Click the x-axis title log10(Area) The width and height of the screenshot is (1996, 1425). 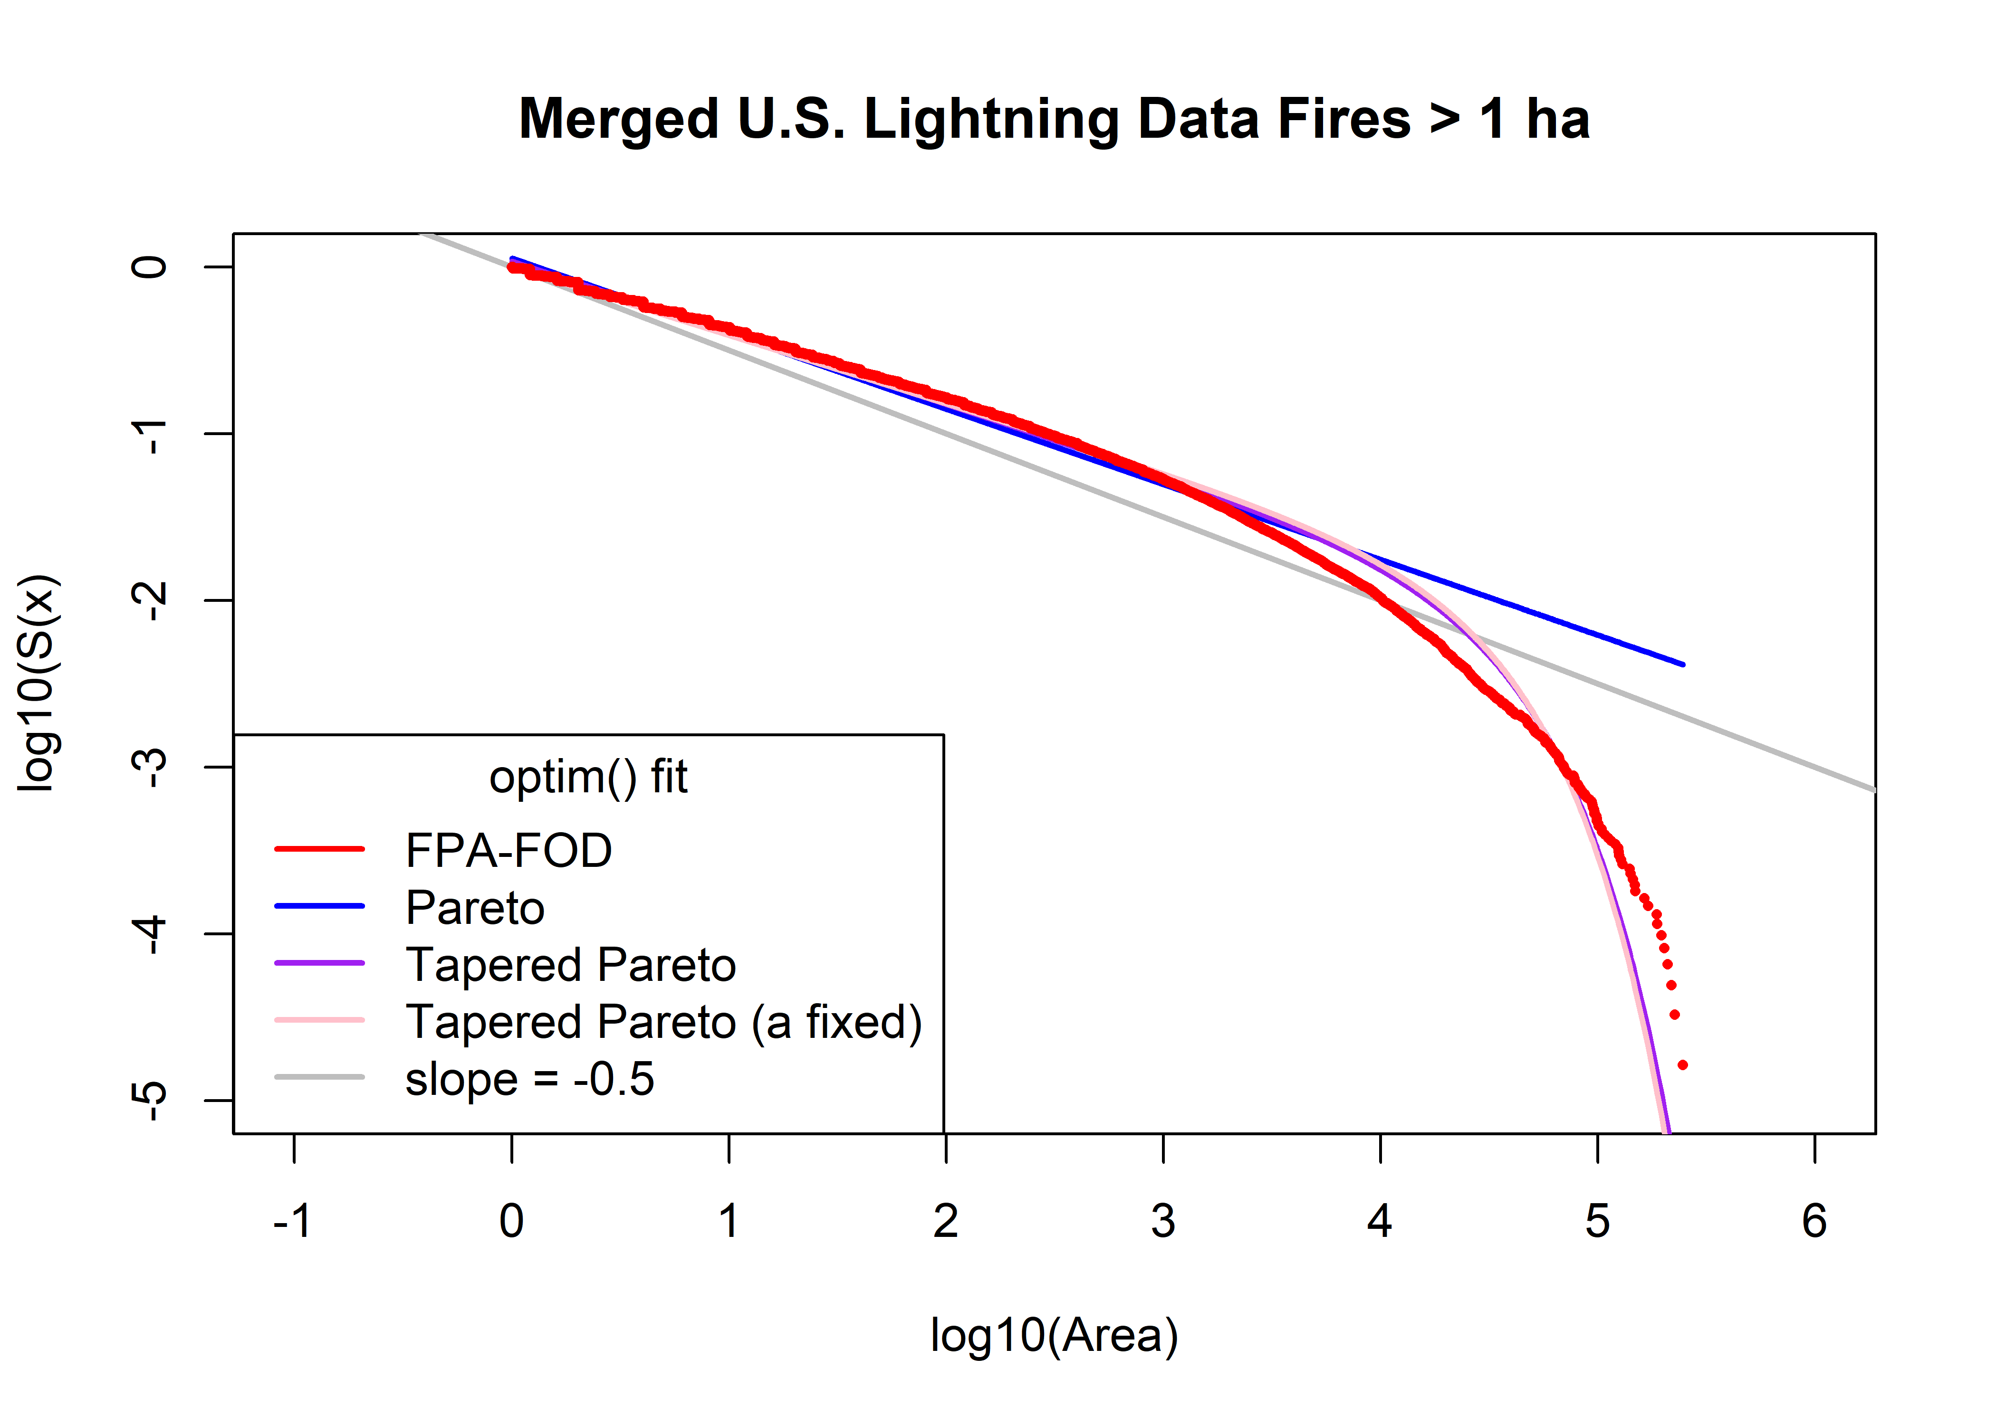(x=1053, y=1336)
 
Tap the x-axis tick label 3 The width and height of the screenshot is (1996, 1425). (x=1163, y=1221)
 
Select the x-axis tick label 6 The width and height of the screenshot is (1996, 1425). (x=1814, y=1221)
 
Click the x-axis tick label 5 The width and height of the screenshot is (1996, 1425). (x=1597, y=1221)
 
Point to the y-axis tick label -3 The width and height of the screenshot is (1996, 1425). (x=151, y=768)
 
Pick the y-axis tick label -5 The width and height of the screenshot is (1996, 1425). (x=151, y=1101)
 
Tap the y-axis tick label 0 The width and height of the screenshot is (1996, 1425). (x=151, y=267)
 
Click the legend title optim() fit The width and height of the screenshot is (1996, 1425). (x=588, y=778)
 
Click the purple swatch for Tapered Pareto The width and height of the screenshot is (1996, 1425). (x=319, y=963)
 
